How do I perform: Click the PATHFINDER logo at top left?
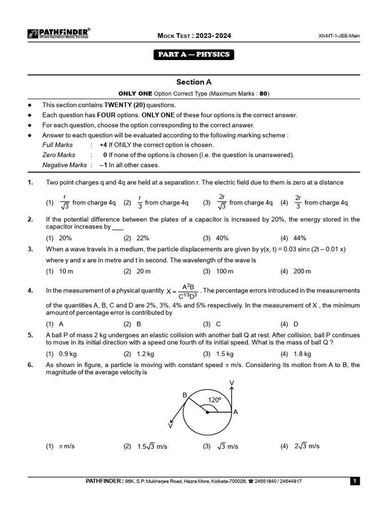[x=58, y=34]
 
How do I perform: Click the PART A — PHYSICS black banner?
[x=194, y=55]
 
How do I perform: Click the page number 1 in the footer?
[x=355, y=482]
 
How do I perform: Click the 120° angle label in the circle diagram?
[x=215, y=400]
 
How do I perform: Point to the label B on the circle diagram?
[x=184, y=395]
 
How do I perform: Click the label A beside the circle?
[x=235, y=412]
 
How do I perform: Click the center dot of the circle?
[x=208, y=412]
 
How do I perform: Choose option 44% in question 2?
[x=300, y=238]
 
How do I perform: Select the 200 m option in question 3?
[x=302, y=271]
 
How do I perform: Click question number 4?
[x=30, y=290]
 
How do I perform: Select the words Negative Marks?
[x=64, y=165]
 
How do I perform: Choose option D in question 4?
[x=296, y=324]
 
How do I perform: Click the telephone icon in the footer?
[x=251, y=482]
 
